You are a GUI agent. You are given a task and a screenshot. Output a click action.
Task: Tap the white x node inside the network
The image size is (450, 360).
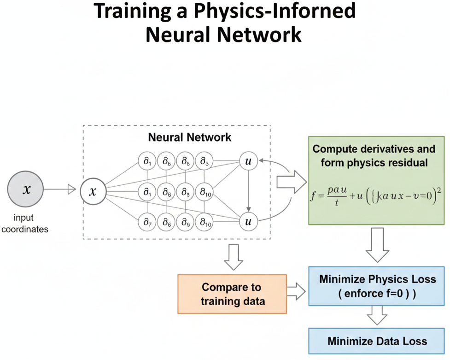click(93, 191)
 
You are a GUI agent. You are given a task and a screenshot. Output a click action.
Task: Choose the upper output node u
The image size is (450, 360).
click(248, 162)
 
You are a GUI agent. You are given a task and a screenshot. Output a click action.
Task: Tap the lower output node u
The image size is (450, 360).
click(248, 222)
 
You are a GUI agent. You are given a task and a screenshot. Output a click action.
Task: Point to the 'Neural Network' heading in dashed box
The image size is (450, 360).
click(190, 137)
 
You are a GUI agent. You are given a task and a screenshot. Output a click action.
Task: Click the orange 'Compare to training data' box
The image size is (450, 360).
click(232, 294)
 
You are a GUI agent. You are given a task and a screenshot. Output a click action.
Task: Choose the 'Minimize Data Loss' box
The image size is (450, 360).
click(377, 341)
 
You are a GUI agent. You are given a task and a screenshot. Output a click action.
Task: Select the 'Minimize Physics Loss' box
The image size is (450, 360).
click(377, 287)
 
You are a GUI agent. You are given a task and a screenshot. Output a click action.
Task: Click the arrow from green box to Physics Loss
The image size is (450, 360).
click(377, 248)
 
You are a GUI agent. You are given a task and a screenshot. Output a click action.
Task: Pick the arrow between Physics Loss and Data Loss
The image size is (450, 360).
click(377, 317)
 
